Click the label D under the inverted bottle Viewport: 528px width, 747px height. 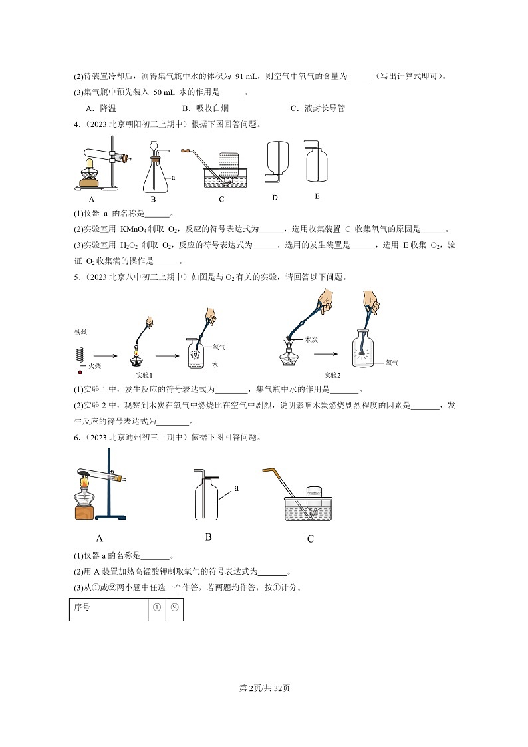(275, 198)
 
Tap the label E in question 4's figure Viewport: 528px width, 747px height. (317, 196)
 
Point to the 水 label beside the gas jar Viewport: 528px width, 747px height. (215, 365)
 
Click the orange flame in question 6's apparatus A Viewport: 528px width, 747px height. (84, 480)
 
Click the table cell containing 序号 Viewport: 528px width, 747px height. (108, 607)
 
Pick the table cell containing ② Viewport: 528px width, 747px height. (174, 607)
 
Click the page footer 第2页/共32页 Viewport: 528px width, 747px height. (264, 688)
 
